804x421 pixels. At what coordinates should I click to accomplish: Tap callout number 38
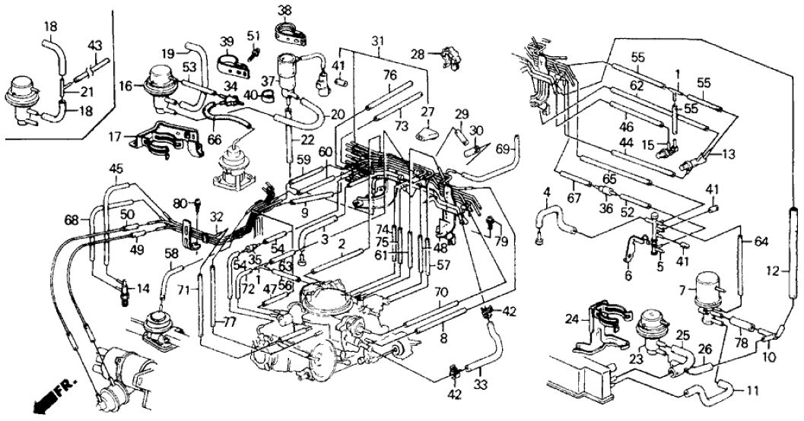tap(284, 10)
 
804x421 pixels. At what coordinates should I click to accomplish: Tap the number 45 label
tap(116, 169)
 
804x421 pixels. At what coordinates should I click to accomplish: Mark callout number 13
tap(729, 154)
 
